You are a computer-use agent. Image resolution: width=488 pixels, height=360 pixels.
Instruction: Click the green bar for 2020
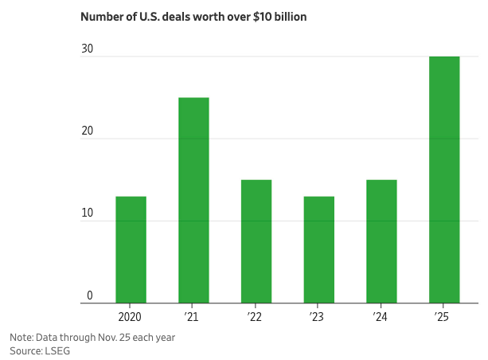pyautogui.click(x=131, y=249)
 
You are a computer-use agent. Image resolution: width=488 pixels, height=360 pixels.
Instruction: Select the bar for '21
pyautogui.click(x=193, y=200)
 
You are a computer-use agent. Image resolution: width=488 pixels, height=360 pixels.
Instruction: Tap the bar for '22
pyautogui.click(x=256, y=241)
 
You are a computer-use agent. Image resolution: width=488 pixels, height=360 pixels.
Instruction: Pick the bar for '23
pyautogui.click(x=318, y=249)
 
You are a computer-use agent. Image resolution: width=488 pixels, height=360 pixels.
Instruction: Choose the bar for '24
pyautogui.click(x=381, y=241)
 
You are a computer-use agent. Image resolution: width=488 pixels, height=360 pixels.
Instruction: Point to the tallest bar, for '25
pyautogui.click(x=444, y=179)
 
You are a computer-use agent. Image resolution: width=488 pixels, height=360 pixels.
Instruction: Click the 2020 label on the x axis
pyautogui.click(x=131, y=317)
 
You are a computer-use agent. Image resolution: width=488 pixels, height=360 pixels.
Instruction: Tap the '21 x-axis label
pyautogui.click(x=193, y=317)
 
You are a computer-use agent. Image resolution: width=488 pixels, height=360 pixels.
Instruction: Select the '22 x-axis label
pyautogui.click(x=256, y=317)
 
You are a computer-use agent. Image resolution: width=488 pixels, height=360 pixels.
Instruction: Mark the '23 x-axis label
pyautogui.click(x=318, y=317)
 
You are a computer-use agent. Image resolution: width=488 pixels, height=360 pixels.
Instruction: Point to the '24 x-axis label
pyautogui.click(x=381, y=317)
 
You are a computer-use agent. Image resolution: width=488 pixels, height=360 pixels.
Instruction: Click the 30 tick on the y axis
pyautogui.click(x=87, y=49)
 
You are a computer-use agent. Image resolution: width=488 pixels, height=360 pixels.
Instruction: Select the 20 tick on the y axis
pyautogui.click(x=87, y=131)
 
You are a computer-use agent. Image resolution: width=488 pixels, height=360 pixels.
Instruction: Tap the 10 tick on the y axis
pyautogui.click(x=87, y=213)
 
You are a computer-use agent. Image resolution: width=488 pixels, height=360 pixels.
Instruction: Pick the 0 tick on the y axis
pyautogui.click(x=90, y=295)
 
